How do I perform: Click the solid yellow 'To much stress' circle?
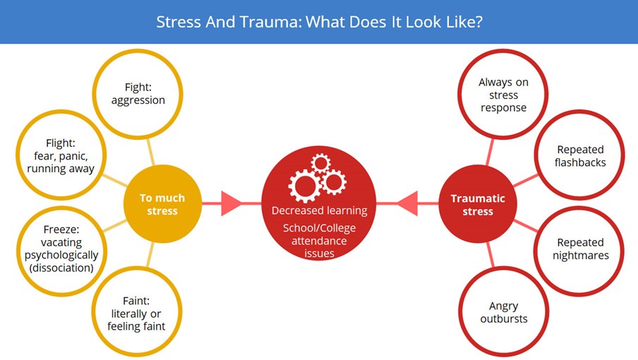coord(162,204)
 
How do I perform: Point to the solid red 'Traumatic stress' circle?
coord(478,204)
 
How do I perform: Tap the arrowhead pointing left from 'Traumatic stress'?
coord(407,203)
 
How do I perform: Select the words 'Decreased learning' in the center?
coord(320,211)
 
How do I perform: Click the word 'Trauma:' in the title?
coord(270,22)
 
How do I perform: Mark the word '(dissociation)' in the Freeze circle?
coord(61,268)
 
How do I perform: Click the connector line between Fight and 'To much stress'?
coord(150,152)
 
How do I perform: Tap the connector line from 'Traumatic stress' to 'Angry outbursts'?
coord(490,255)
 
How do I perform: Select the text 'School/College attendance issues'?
coord(320,241)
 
